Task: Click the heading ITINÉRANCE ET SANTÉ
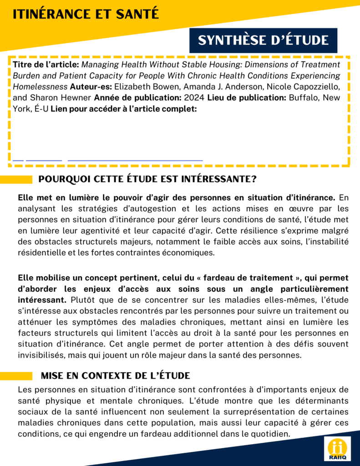86,14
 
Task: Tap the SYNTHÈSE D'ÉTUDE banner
263,40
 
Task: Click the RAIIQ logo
337,448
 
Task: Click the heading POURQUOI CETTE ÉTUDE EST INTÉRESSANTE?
147,179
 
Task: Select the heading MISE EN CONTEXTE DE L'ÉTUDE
115,375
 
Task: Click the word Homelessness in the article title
41,86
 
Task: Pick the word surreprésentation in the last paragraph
269,412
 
